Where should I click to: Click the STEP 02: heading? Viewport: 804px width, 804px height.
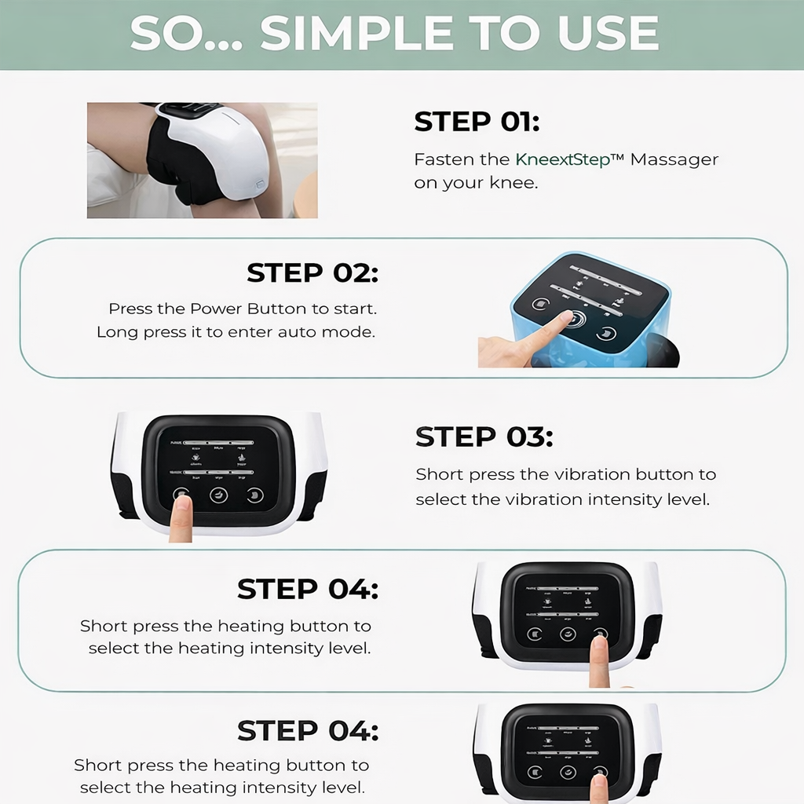312,273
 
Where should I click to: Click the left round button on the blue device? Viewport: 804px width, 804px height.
540,305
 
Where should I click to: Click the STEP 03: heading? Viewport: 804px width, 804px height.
484,437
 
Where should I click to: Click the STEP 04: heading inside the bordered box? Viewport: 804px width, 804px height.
308,589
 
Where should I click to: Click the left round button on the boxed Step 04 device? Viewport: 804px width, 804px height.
535,634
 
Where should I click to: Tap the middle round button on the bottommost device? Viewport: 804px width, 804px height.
568,773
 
